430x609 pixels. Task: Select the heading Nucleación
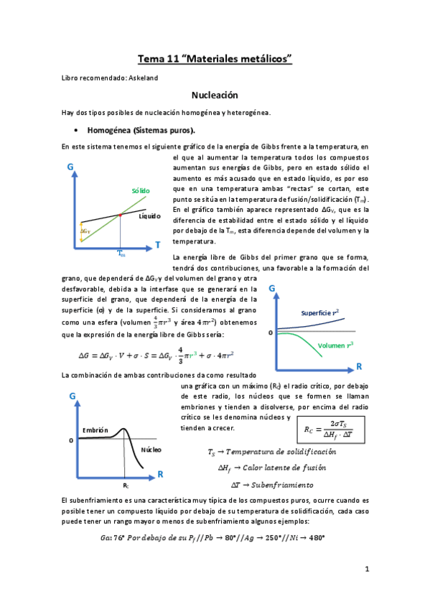tap(215, 95)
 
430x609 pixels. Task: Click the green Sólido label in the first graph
tap(141, 190)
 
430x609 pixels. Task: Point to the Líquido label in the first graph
tap(150, 215)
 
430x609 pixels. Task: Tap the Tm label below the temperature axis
tap(121, 254)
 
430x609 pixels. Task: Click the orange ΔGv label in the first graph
tap(85, 231)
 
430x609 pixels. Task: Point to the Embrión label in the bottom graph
tap(95, 429)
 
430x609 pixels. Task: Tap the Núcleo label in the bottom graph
tap(151, 450)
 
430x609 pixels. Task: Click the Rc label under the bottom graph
tap(126, 485)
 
